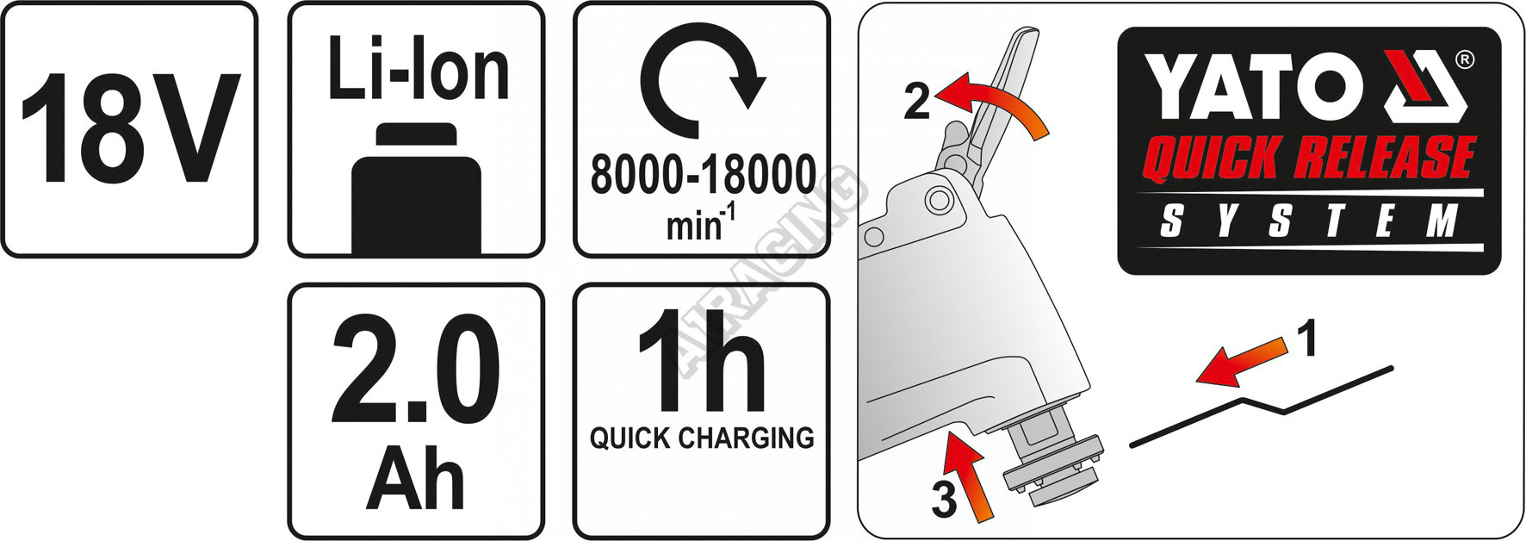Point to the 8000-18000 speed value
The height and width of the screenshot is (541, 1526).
click(703, 175)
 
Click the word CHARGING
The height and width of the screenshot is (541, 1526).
click(745, 438)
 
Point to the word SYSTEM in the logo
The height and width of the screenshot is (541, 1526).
click(1308, 221)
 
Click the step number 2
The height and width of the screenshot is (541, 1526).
click(916, 102)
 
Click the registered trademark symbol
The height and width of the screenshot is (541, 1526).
click(1464, 60)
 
